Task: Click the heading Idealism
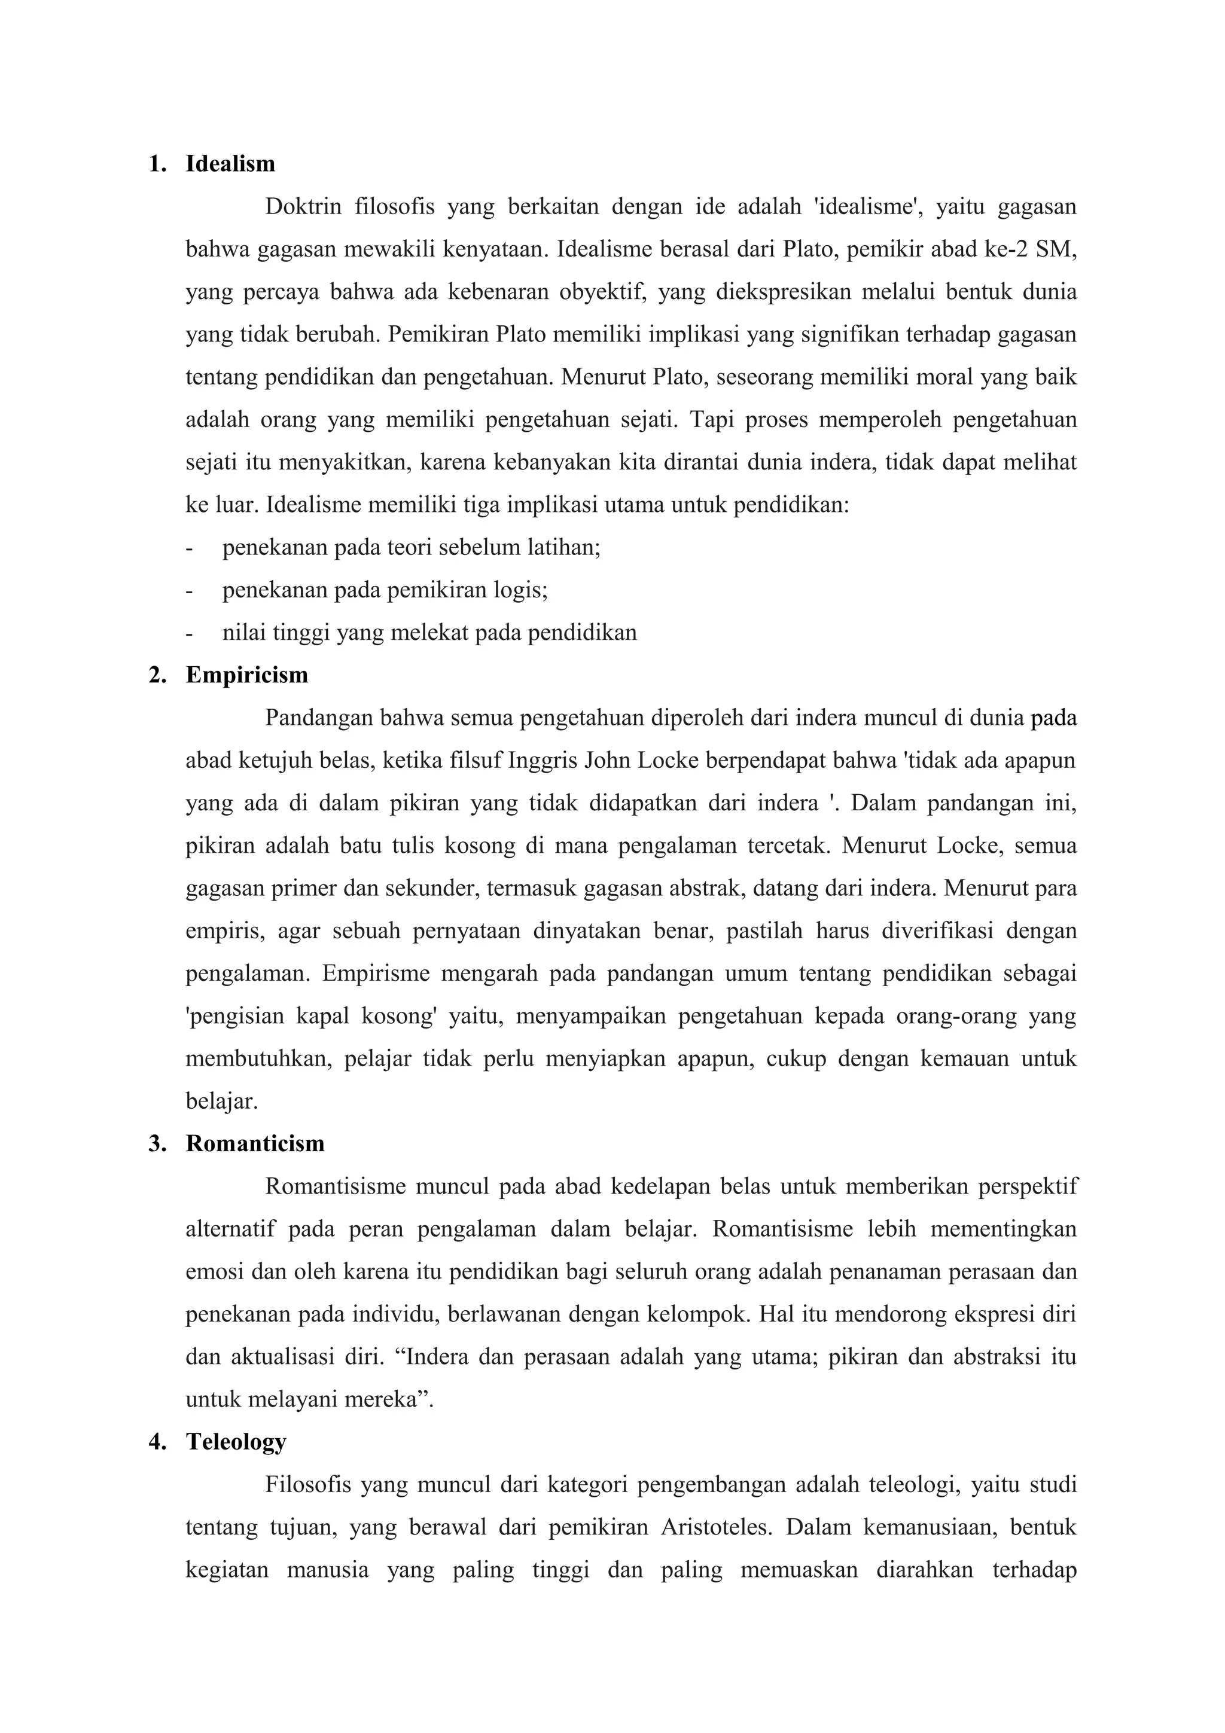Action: tap(230, 164)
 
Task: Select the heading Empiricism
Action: tap(247, 675)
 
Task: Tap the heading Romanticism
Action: tap(255, 1143)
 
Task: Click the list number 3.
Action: tap(156, 1143)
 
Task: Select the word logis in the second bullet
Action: tap(521, 590)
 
